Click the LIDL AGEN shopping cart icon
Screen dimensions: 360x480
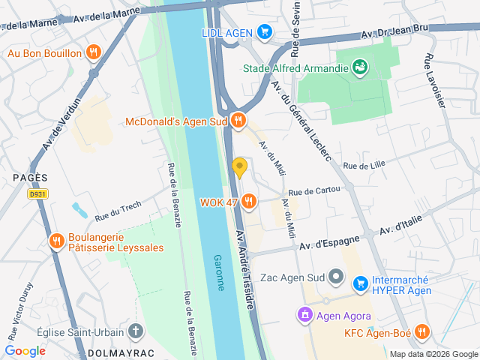[x=263, y=31]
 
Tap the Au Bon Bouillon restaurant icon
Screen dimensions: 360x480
[x=93, y=52]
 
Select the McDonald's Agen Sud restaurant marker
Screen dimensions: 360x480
[x=238, y=120]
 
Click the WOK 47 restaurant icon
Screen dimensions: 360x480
[x=250, y=201]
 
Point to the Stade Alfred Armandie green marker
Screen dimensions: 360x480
[x=361, y=68]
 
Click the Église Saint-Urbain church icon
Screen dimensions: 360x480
[x=135, y=331]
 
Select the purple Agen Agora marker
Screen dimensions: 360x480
[x=304, y=313]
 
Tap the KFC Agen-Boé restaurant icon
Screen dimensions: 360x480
[x=422, y=331]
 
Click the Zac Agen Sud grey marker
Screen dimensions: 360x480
[x=337, y=278]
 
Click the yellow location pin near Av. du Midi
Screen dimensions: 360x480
[x=239, y=166]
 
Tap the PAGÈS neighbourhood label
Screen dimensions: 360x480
[x=30, y=178]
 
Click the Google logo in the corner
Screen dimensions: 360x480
[x=25, y=350]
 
